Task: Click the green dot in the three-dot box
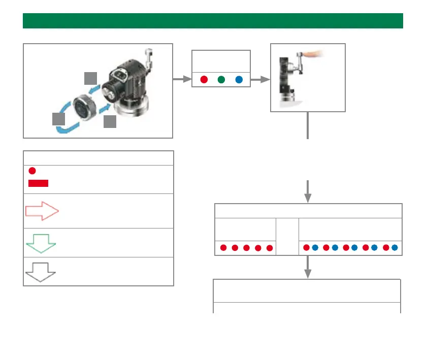221,80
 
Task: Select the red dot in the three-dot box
204,80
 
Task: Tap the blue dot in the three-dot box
239,80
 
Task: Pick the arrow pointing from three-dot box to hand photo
260,80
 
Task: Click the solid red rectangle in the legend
38,183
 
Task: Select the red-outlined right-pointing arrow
42,211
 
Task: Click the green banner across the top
213,21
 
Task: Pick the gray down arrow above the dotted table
307,190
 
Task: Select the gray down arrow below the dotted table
307,267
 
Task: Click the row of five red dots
246,248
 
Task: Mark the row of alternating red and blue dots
350,248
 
